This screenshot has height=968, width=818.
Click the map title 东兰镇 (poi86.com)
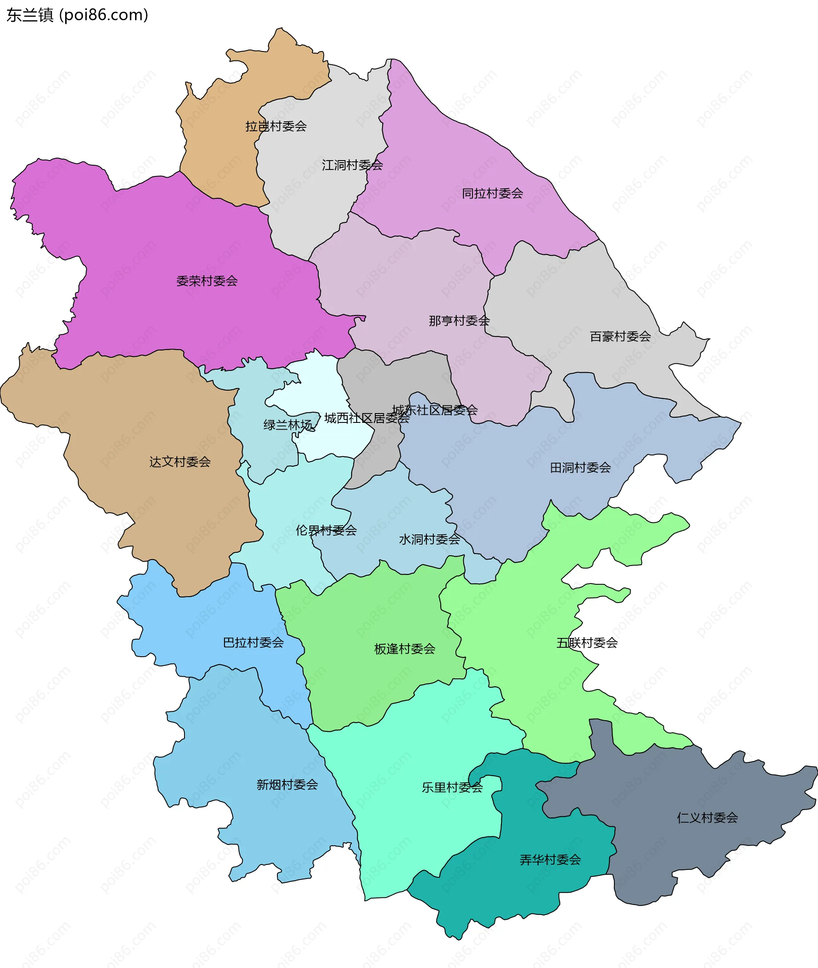coord(78,15)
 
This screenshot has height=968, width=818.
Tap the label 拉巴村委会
coord(276,126)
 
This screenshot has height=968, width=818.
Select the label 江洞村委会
coord(352,165)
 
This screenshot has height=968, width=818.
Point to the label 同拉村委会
coord(493,193)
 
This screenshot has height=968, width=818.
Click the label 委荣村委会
coord(207,281)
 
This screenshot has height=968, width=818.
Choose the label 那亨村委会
coord(459,321)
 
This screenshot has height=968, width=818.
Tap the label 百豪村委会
coord(620,336)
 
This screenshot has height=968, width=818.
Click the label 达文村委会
coord(180,462)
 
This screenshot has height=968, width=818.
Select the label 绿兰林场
coord(288,425)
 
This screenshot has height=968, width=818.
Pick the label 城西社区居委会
coord(366,419)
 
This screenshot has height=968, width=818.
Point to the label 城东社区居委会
coord(435,410)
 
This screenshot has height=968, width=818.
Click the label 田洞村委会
coord(580,468)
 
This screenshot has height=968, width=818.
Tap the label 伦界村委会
coord(326,530)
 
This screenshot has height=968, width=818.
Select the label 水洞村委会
coord(429,539)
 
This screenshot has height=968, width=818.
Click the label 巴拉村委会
coord(253,643)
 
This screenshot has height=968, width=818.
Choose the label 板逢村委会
coord(404,649)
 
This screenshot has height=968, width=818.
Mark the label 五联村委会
coord(587,643)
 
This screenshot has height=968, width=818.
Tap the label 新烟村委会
coord(287,785)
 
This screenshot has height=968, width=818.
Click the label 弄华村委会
coord(550,860)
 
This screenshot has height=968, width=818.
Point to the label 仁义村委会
coord(707,818)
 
